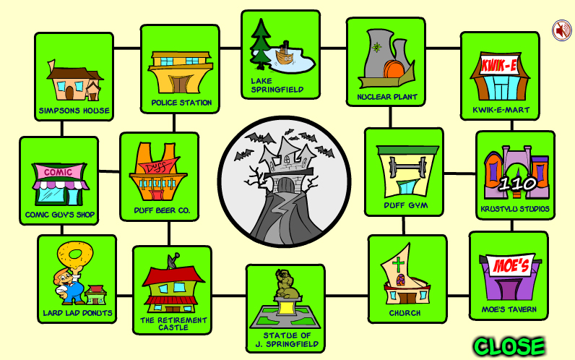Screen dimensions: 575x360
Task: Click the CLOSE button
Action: click(509, 346)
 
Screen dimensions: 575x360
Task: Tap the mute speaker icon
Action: click(562, 30)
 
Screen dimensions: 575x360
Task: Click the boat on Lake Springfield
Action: click(284, 54)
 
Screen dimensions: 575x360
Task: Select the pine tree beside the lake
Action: click(260, 44)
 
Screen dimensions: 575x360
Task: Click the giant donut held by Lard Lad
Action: click(75, 254)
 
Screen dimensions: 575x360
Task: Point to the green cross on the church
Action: click(398, 264)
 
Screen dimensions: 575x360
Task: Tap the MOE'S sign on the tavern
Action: click(511, 265)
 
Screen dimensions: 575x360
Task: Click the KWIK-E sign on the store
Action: click(499, 66)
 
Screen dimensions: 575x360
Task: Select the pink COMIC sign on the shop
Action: click(59, 172)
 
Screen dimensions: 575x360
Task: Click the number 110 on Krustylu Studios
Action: click(518, 184)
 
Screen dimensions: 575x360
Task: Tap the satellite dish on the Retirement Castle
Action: click(173, 260)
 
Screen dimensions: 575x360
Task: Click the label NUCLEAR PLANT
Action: click(387, 97)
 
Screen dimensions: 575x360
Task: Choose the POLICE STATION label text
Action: click(181, 103)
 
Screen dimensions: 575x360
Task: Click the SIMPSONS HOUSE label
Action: click(74, 111)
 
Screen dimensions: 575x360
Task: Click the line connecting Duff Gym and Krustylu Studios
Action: click(460, 173)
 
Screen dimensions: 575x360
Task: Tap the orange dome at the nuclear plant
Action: click(393, 69)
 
